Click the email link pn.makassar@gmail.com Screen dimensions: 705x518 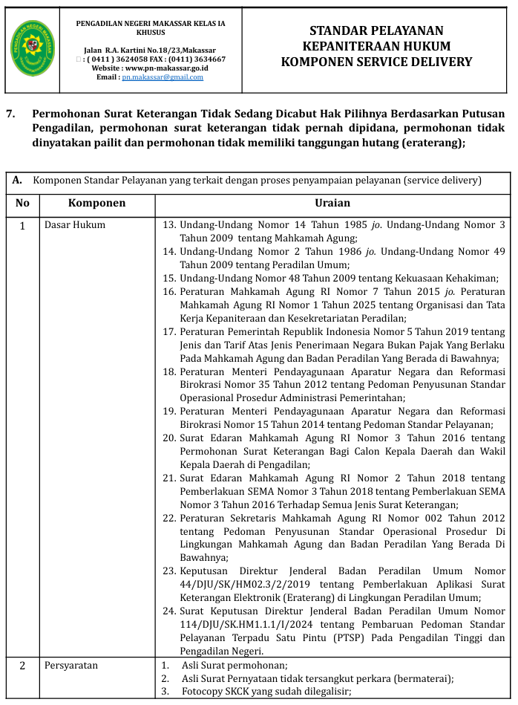click(163, 77)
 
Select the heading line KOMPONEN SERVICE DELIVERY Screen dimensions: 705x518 click(376, 62)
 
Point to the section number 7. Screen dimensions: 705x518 click(10, 114)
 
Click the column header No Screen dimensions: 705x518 click(23, 203)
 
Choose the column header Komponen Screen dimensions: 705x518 click(96, 203)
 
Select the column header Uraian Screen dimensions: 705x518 click(332, 203)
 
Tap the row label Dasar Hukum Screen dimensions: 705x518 click(75, 225)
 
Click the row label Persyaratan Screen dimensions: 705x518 click(71, 666)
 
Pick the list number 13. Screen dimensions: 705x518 click(168, 225)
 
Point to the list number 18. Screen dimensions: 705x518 click(168, 371)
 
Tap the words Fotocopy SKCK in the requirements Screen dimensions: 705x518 click(214, 692)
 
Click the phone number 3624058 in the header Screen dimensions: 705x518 click(134, 59)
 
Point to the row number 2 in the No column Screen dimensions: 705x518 click(23, 666)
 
